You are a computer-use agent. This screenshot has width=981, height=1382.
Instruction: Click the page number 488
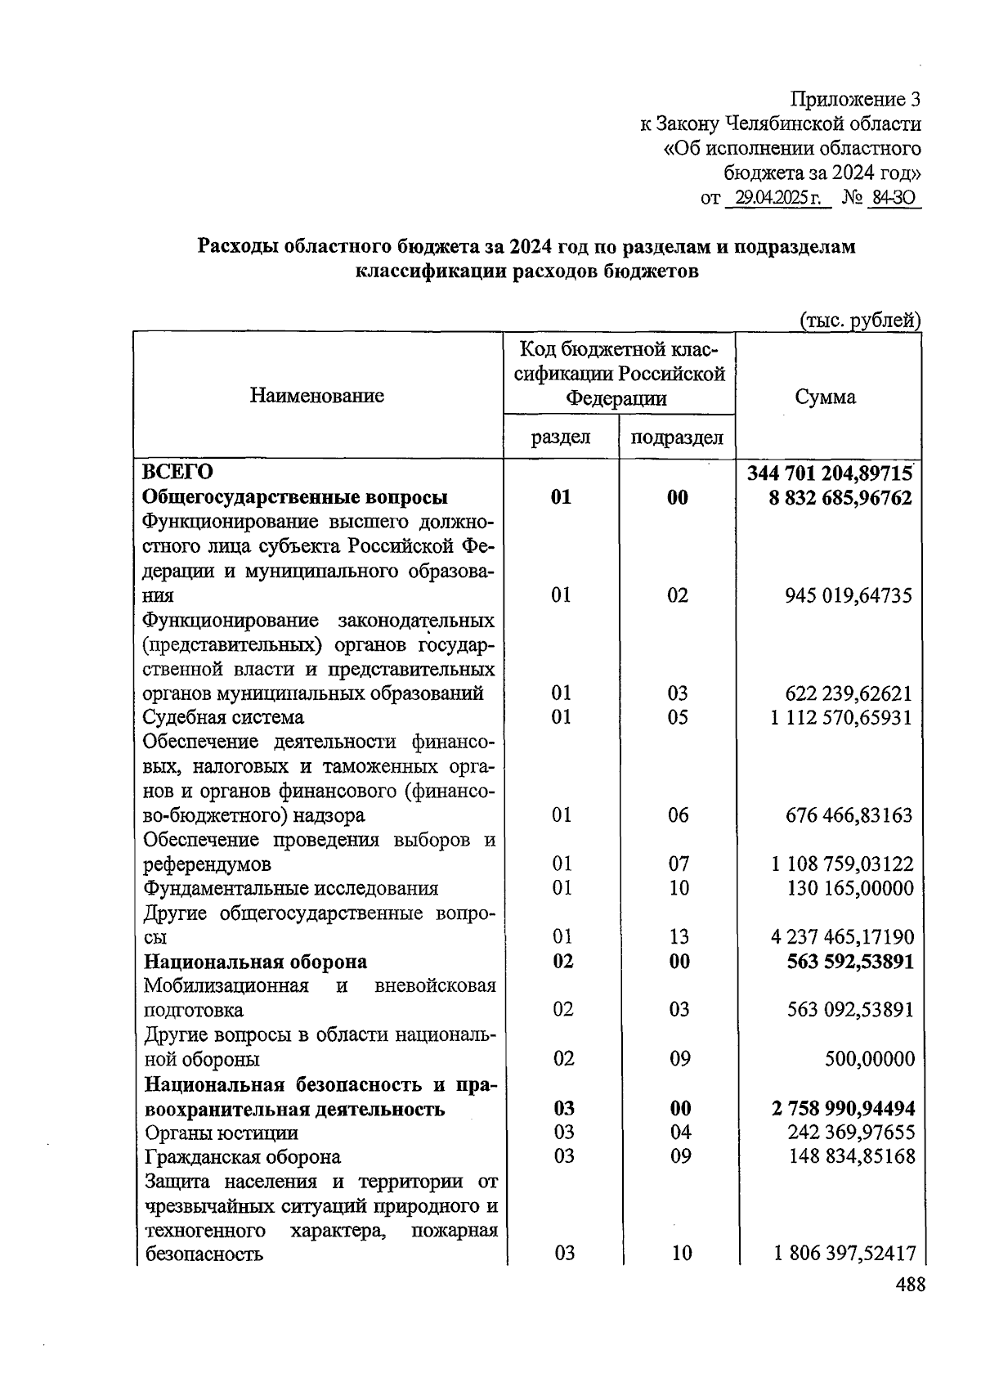tap(909, 1285)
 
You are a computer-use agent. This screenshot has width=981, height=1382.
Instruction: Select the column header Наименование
tap(317, 397)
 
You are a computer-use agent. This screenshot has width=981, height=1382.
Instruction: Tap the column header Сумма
tap(825, 397)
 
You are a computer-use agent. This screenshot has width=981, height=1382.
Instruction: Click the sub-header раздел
tap(561, 437)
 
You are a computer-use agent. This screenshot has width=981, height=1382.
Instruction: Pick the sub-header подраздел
tap(677, 437)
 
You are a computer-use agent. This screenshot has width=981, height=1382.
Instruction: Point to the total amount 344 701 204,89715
tap(829, 473)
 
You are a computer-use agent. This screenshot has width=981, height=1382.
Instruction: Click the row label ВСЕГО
tap(177, 473)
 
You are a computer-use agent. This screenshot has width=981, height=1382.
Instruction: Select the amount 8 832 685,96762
tap(840, 497)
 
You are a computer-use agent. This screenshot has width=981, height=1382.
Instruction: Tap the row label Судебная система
tap(223, 717)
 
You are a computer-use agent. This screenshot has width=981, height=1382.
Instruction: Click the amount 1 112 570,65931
tap(840, 717)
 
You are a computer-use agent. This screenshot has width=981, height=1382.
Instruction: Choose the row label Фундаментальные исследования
tap(291, 888)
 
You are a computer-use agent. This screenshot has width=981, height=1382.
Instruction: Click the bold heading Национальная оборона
tap(256, 961)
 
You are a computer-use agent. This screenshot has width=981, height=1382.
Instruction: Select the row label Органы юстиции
tap(222, 1133)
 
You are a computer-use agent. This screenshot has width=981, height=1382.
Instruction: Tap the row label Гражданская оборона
tap(243, 1156)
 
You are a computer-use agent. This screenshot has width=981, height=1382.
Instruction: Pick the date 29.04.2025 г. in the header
tap(777, 198)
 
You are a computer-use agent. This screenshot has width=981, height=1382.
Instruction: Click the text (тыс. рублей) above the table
tap(860, 320)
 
